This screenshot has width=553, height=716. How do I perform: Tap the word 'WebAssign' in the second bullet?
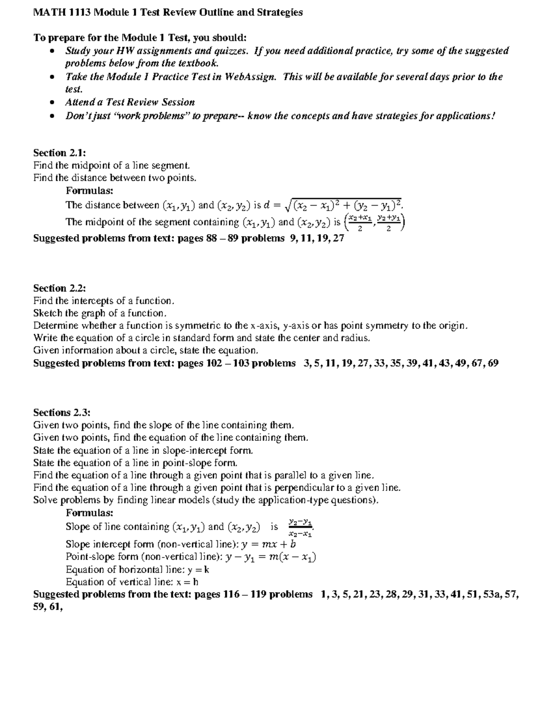pos(250,77)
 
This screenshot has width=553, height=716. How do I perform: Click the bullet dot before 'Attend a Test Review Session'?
pos(53,102)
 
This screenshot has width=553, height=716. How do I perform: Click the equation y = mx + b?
pos(269,544)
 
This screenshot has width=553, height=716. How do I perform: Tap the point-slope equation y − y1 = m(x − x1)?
pos(271,557)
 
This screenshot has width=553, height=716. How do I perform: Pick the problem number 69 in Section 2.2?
pos(493,363)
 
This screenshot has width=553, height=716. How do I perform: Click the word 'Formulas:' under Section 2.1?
pos(89,190)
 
